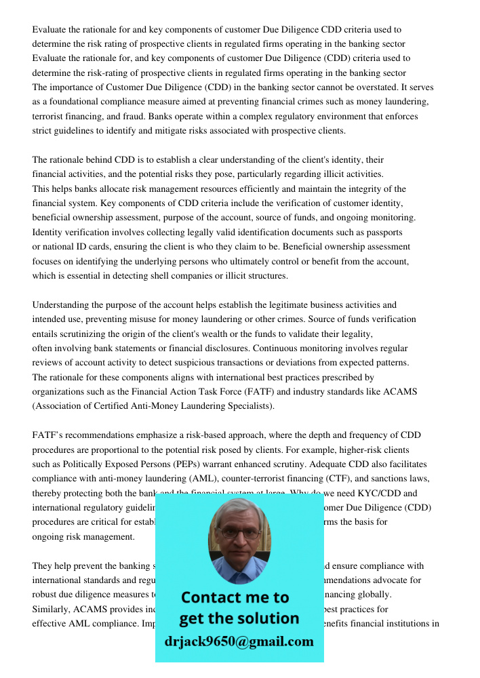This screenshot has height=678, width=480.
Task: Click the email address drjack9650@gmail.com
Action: (x=239, y=641)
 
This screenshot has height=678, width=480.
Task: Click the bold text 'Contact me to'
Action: (x=235, y=597)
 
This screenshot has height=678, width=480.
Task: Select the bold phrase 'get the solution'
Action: (x=239, y=618)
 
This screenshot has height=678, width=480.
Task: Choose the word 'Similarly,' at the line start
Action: (x=53, y=609)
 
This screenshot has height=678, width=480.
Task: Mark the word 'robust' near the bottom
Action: (x=45, y=595)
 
